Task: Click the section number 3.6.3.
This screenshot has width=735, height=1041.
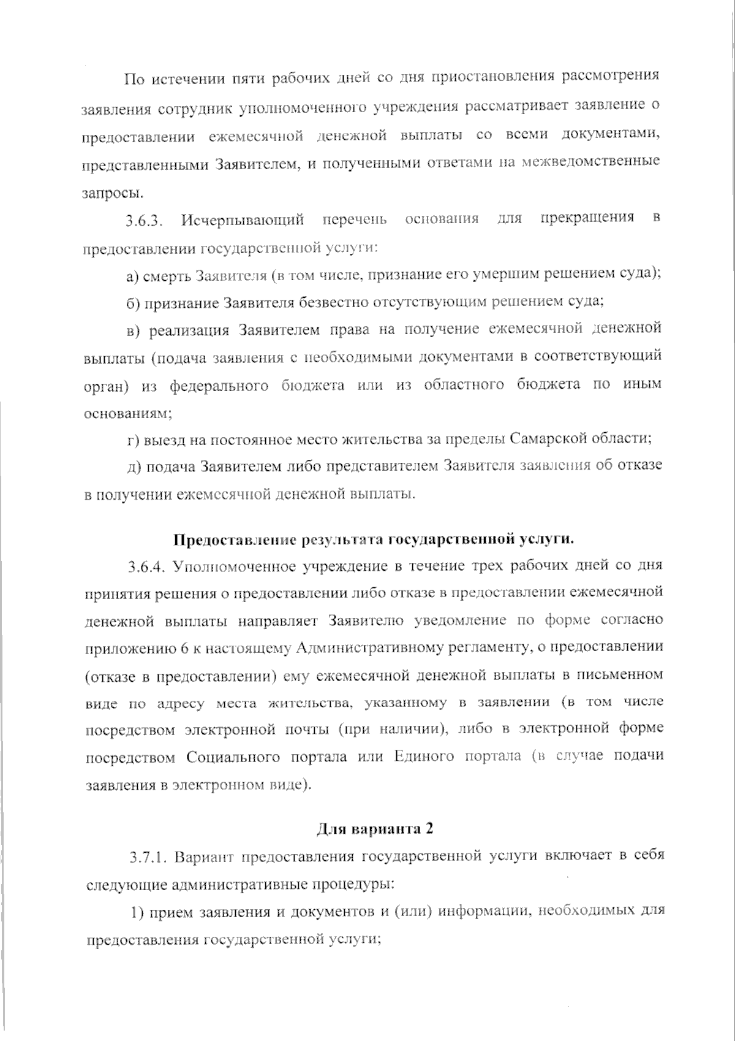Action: [x=144, y=221]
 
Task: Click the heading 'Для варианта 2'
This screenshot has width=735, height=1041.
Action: [x=375, y=828]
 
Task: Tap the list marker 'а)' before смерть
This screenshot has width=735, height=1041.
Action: [x=132, y=276]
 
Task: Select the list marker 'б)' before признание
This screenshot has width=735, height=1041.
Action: [x=133, y=303]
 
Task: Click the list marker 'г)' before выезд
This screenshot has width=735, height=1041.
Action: [x=132, y=440]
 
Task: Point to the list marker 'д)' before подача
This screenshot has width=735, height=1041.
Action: [x=133, y=467]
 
